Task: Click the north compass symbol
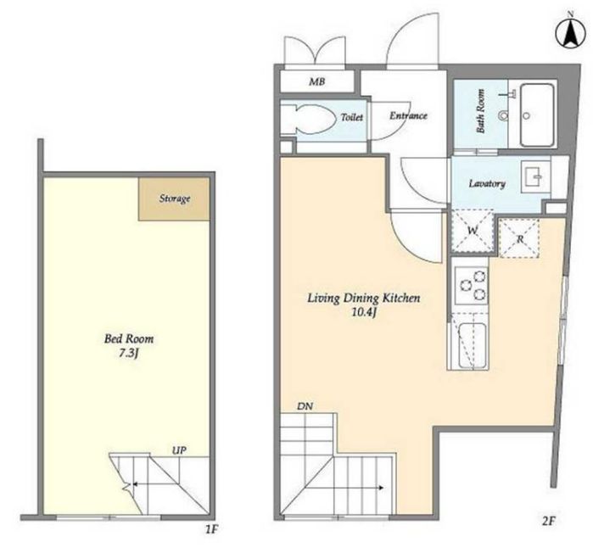tap(570, 33)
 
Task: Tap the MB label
tap(317, 81)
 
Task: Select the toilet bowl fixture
tap(309, 118)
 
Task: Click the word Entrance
tap(408, 115)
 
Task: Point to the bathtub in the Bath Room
tap(537, 115)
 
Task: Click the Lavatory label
tap(487, 184)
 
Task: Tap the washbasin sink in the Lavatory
tap(535, 177)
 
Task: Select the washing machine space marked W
tap(473, 231)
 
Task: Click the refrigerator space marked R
tap(520, 238)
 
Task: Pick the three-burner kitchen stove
tap(471, 286)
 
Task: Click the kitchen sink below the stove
tap(473, 345)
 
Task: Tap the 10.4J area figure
tap(363, 313)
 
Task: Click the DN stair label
tap(305, 406)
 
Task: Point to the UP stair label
tap(179, 450)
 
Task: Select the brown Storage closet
tap(174, 198)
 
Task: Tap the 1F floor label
tap(211, 529)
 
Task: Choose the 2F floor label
tap(548, 522)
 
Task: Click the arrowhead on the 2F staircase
tap(381, 488)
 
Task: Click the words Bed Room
tap(129, 338)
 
